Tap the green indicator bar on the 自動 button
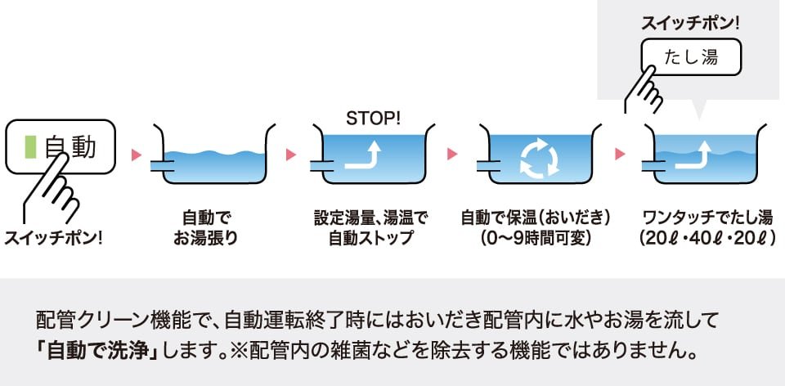[31, 147]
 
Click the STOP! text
[374, 118]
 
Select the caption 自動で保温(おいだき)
[536, 219]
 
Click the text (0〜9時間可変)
[536, 240]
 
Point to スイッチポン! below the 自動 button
[56, 240]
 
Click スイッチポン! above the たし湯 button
[690, 23]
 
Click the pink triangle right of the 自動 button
[137, 154]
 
